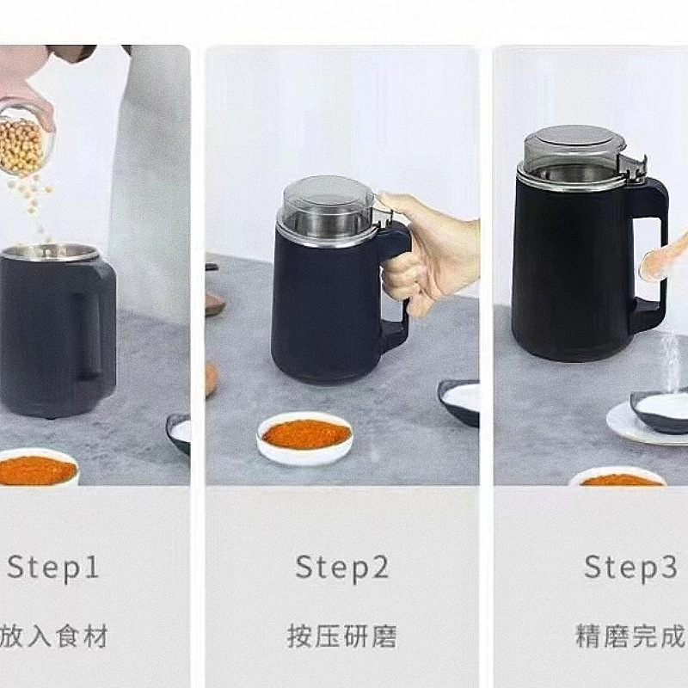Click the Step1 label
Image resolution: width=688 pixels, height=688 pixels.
pyautogui.click(x=52, y=567)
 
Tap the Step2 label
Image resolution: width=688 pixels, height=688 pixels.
pyautogui.click(x=342, y=567)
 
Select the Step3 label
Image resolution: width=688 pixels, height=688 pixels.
pyautogui.click(x=630, y=567)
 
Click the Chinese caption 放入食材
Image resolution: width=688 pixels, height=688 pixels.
pyautogui.click(x=53, y=636)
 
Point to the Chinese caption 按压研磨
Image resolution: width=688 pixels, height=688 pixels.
pyautogui.click(x=341, y=636)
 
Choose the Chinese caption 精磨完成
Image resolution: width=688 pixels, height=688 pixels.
pyautogui.click(x=631, y=636)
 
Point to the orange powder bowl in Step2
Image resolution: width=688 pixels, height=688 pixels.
pyautogui.click(x=305, y=438)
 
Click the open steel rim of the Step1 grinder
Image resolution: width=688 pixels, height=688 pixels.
pyautogui.click(x=51, y=253)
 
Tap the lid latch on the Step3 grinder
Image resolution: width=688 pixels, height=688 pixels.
pyautogui.click(x=633, y=169)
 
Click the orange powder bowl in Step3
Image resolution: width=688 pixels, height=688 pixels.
pyautogui.click(x=618, y=476)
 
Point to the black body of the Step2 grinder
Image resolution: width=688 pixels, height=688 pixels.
pyautogui.click(x=325, y=307)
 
